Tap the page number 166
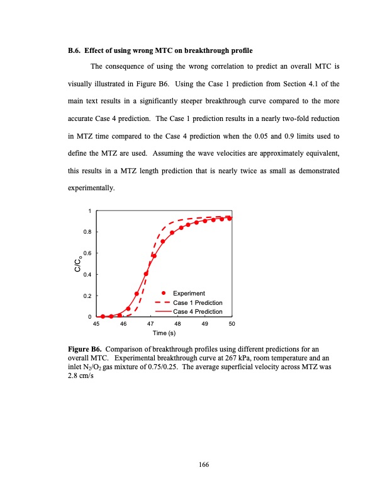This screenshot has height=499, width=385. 203,464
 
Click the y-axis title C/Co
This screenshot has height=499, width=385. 77,263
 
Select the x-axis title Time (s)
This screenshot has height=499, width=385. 164,332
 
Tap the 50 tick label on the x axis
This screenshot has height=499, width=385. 232,323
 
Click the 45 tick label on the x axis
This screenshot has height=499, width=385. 96,323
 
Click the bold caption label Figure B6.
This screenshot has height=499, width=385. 84,348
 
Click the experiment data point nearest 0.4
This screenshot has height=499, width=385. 146,273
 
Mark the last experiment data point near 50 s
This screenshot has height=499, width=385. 230,219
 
